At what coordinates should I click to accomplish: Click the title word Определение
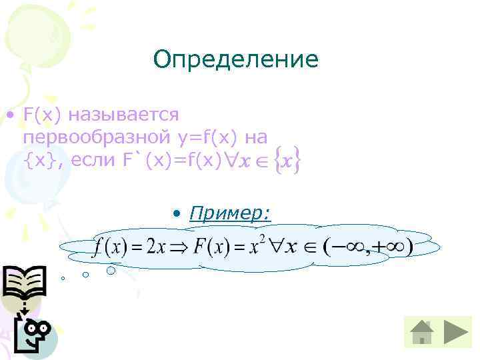point(235,61)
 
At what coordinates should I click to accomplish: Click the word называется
point(128,115)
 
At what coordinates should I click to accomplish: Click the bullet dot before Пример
point(176,214)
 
